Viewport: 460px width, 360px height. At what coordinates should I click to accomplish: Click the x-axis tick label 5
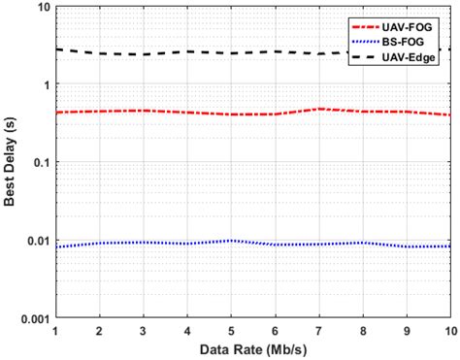(231, 331)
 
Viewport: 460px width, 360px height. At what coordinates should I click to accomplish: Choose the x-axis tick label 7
(319, 331)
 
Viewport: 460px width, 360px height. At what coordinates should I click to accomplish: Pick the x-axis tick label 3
(144, 331)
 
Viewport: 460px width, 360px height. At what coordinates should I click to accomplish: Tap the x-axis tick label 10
(449, 331)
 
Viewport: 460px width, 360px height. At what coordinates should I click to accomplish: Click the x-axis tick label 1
(56, 331)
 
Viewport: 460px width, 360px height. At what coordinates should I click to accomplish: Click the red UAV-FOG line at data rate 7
(319, 109)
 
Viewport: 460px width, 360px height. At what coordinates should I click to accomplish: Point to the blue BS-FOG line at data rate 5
(231, 240)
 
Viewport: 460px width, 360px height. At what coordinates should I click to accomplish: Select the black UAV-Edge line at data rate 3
(144, 54)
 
